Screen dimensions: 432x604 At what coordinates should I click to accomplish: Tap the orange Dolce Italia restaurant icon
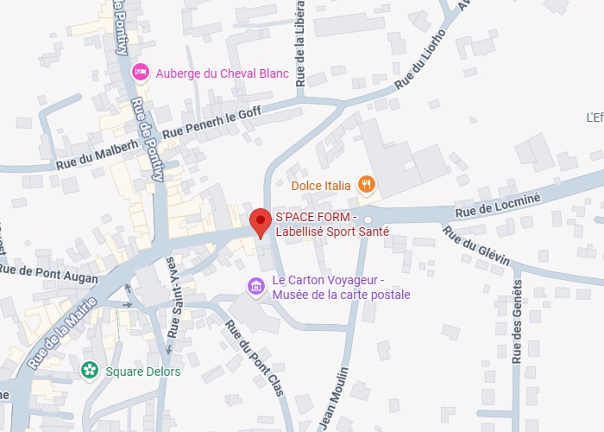368,184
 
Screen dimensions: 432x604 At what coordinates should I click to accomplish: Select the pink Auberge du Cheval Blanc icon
140,72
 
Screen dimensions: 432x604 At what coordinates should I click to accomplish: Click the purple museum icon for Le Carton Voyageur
255,285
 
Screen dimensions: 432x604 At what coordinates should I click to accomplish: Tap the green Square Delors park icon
89,371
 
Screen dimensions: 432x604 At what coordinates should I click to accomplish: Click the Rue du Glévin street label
475,245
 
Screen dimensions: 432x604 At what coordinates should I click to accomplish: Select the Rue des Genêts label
517,321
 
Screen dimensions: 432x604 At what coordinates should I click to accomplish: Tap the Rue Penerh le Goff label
211,119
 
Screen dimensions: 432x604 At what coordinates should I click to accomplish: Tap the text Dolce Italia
321,185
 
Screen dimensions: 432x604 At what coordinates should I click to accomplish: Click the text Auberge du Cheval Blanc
222,73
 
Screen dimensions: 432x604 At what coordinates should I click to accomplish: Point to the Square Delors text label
143,372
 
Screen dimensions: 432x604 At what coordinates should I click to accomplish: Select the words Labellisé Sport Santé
332,232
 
